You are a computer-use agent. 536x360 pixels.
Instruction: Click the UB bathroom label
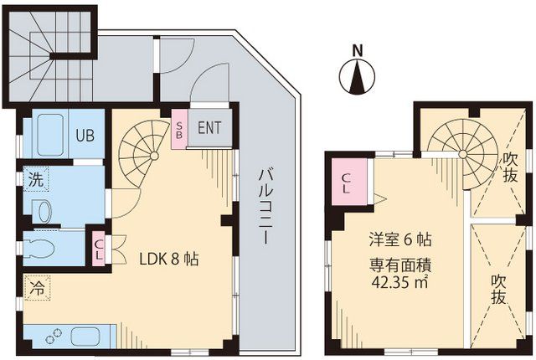(x=84, y=134)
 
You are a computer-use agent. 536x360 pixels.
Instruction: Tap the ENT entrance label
(x=209, y=128)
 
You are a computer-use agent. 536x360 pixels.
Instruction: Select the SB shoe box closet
(x=179, y=130)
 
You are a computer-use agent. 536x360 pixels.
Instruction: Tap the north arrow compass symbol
(x=358, y=78)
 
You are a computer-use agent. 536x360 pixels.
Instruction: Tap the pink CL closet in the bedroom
(x=346, y=184)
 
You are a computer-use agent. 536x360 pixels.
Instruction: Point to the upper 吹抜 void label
(x=508, y=167)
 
